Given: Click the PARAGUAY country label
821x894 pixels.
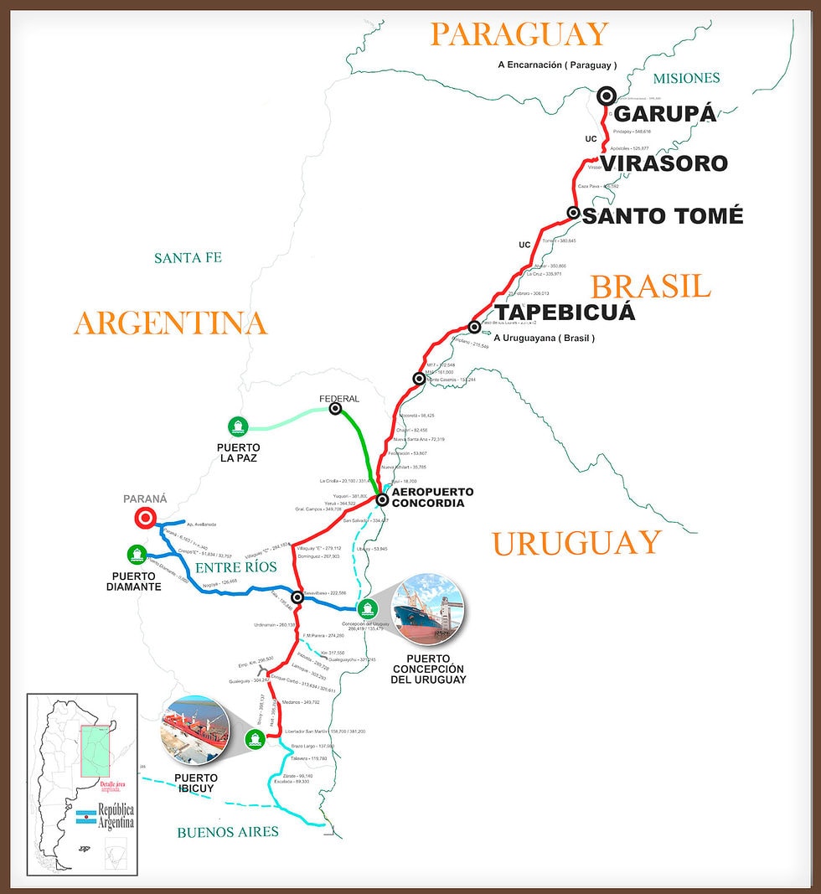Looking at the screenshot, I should pyautogui.click(x=519, y=34).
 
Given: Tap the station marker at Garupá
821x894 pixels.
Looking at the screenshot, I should pyautogui.click(x=606, y=96).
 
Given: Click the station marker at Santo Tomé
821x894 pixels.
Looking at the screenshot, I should pyautogui.click(x=573, y=213).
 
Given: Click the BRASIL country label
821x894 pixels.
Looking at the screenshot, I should pyautogui.click(x=651, y=287).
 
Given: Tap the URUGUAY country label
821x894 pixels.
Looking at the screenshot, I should pyautogui.click(x=576, y=543).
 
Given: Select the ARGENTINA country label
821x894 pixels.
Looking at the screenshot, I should pyautogui.click(x=170, y=323).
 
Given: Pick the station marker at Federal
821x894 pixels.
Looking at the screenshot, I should pyautogui.click(x=335, y=409).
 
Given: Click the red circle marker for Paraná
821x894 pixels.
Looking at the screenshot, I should pyautogui.click(x=145, y=519).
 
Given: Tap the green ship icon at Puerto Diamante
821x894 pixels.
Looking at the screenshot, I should pyautogui.click(x=136, y=554).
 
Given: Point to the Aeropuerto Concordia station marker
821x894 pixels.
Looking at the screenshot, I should pyautogui.click(x=381, y=499).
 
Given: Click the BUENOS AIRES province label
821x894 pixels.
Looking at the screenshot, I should pyautogui.click(x=227, y=832).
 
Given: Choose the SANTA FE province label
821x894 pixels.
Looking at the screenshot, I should pyautogui.click(x=188, y=258).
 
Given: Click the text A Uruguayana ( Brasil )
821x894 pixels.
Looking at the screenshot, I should pyautogui.click(x=545, y=338).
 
